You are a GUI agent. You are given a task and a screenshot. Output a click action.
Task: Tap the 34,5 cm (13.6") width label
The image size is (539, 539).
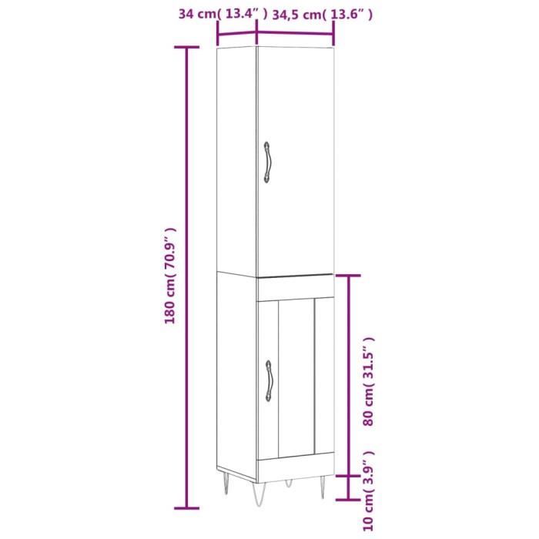pyautogui.click(x=323, y=14)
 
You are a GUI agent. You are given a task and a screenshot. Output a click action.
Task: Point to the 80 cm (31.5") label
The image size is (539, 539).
pyautogui.click(x=369, y=381)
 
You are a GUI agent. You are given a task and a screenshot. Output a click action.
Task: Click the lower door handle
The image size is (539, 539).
pyautogui.click(x=269, y=380)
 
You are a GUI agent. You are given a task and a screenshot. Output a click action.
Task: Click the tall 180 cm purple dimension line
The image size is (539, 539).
pyautogui.click(x=186, y=277)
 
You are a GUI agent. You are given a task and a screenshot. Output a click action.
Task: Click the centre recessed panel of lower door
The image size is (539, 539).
pyautogui.click(x=296, y=376)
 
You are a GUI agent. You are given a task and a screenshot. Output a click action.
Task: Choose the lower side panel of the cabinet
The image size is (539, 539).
pyautogui.click(x=236, y=370)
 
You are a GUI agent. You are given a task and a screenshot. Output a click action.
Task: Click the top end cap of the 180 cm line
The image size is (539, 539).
pyautogui.click(x=186, y=48)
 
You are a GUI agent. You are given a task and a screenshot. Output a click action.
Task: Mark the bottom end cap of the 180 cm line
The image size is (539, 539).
pyautogui.click(x=186, y=507)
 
